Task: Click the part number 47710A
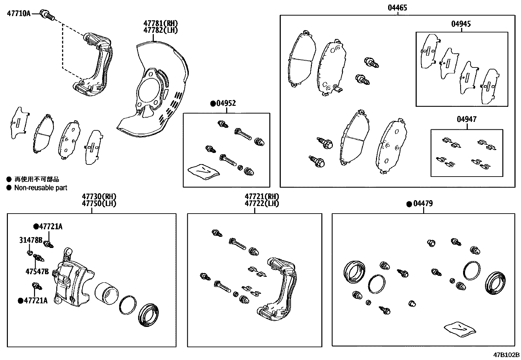(19, 13)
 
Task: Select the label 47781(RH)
(160, 23)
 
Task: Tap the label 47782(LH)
(160, 30)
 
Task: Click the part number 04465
(397, 8)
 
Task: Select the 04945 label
(461, 24)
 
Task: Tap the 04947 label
(467, 119)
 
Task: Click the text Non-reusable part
(41, 188)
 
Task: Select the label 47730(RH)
(99, 197)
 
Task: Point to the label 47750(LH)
(99, 203)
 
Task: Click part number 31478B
(31, 240)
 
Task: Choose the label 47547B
(37, 271)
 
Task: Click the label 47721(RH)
(262, 197)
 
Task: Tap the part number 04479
(423, 204)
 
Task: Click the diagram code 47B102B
(507, 355)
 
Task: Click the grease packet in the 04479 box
(460, 329)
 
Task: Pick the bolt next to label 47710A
(48, 15)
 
